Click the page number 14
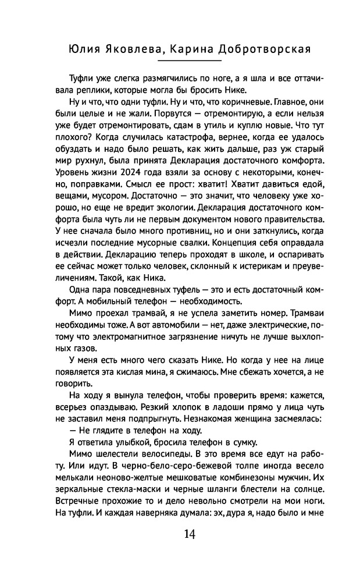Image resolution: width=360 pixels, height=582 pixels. click(x=180, y=534)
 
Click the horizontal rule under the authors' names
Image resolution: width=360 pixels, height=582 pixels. click(x=180, y=61)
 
